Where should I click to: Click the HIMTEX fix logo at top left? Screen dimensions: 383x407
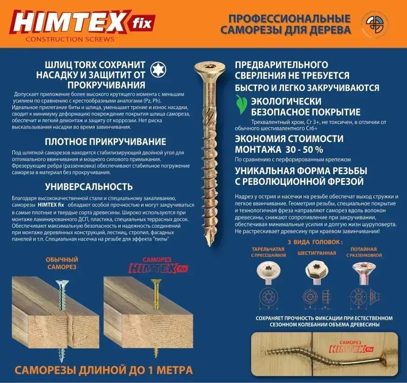(81, 22)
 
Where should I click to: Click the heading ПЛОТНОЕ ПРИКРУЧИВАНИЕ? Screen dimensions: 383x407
(105, 142)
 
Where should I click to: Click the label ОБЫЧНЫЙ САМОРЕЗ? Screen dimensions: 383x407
(62, 263)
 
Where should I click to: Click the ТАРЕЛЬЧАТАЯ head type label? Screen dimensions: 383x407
(269, 252)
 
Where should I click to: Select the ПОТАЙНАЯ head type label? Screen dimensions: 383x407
(364, 252)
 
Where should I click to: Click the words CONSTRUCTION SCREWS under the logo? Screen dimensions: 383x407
(70, 39)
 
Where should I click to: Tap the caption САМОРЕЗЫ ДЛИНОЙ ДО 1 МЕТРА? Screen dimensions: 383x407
(103, 370)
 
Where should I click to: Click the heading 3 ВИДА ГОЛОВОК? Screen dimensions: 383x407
(315, 242)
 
